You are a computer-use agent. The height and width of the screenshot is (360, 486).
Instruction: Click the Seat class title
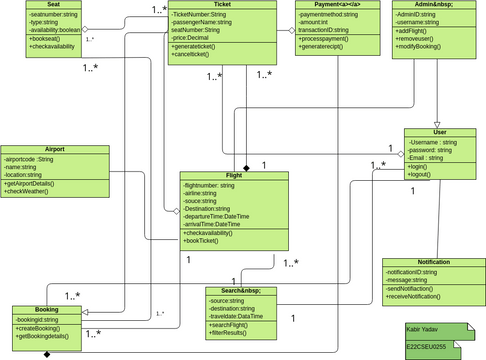(54, 6)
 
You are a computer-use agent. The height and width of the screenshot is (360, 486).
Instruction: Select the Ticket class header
(222, 6)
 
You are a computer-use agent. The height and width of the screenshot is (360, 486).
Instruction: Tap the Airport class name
(54, 150)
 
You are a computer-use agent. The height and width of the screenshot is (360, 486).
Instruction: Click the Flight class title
(234, 176)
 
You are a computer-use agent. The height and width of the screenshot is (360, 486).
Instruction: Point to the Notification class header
(433, 262)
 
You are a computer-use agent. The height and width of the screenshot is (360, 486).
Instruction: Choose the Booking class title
(46, 310)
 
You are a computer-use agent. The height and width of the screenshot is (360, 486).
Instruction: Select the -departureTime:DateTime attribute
(216, 216)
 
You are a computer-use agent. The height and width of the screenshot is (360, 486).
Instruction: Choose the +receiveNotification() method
(428, 297)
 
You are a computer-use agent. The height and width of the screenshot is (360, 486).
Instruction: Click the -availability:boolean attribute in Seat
(56, 30)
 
